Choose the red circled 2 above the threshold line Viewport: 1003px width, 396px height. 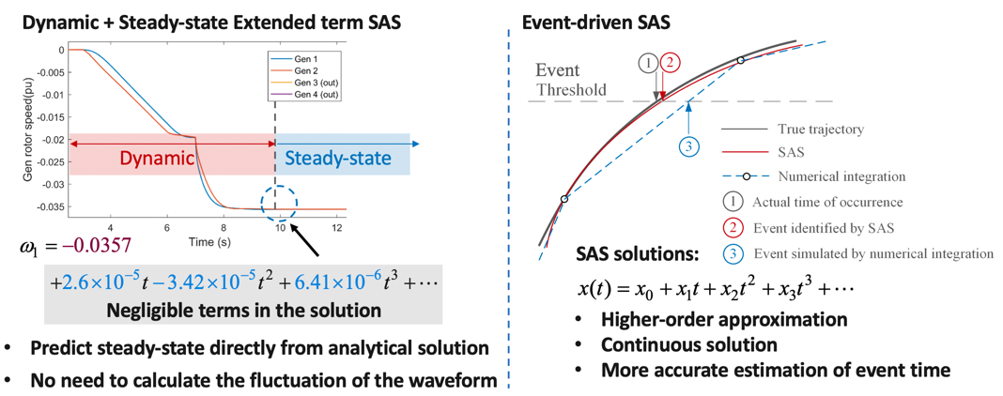pyautogui.click(x=670, y=63)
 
